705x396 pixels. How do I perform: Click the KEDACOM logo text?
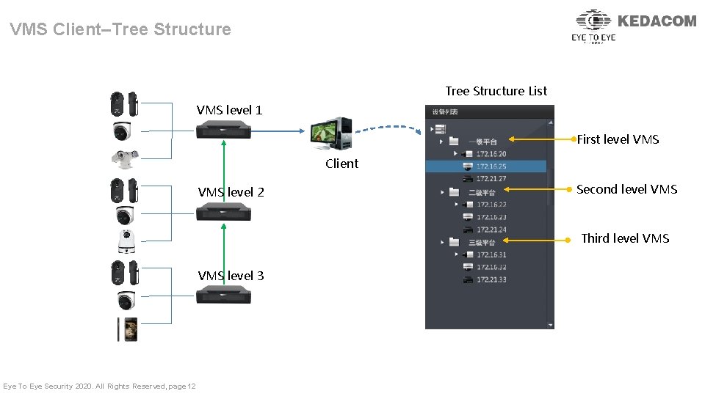pos(657,21)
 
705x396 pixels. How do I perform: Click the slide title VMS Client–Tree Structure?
pos(120,29)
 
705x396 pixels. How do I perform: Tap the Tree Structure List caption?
pos(496,91)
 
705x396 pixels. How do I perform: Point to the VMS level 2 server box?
pos(223,213)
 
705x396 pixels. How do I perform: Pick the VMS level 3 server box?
pos(223,295)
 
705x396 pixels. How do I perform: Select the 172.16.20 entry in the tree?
pos(491,154)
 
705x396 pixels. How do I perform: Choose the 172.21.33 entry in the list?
pos(491,280)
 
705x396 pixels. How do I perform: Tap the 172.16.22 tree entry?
pos(491,205)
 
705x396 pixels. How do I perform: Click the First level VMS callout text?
pos(618,139)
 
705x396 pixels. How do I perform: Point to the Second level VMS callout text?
pos(626,189)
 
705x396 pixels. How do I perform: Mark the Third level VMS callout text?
pos(625,238)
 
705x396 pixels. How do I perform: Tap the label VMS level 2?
pos(231,192)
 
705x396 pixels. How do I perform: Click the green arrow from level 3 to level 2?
pos(223,253)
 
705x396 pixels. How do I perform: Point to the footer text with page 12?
pos(99,386)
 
